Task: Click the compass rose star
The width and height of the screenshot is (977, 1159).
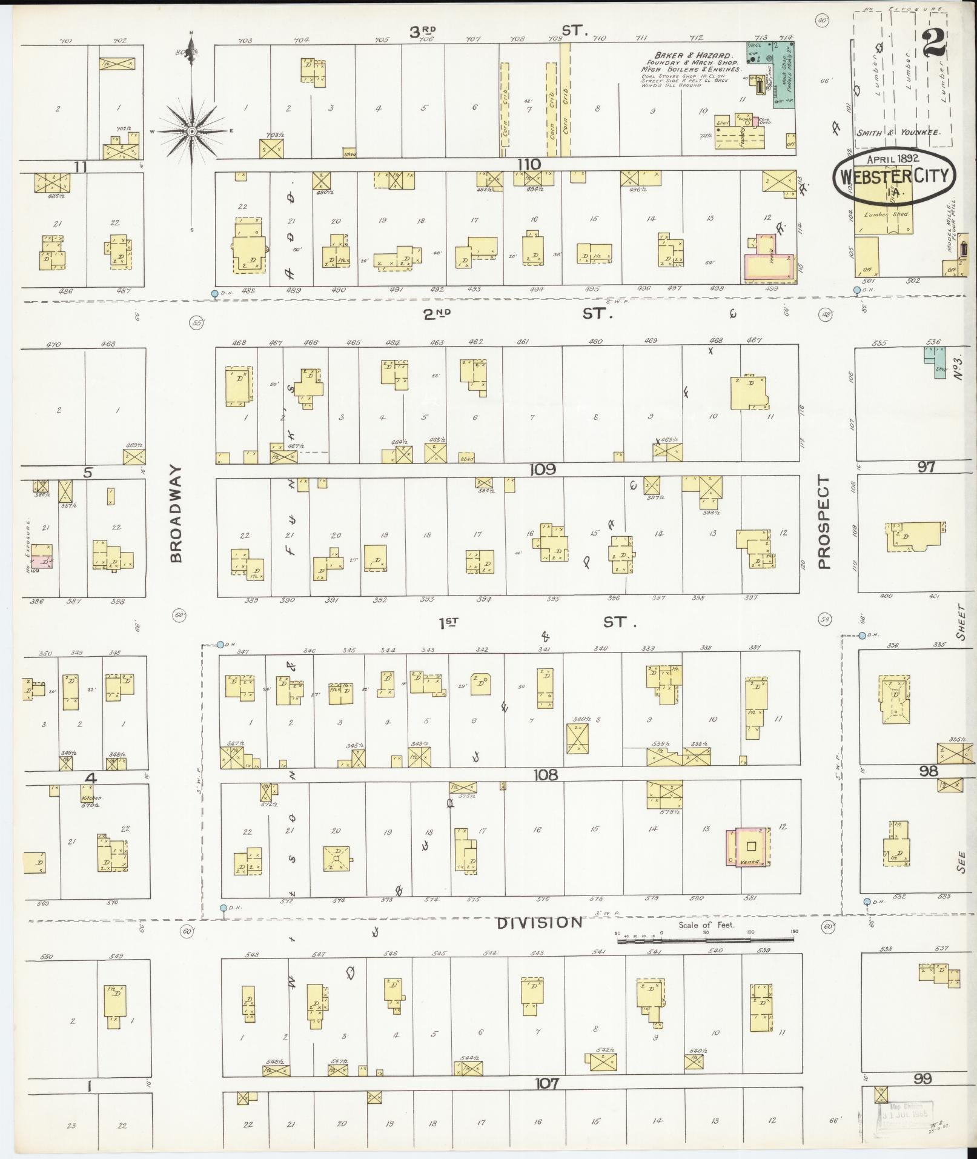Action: point(191,131)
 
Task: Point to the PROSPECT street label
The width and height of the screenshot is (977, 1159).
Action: point(823,522)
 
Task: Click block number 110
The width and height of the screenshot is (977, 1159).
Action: point(528,164)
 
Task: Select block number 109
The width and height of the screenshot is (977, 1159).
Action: point(541,470)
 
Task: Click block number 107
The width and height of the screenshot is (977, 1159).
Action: point(546,1083)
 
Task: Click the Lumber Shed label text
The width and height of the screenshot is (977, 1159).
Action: point(887,214)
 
